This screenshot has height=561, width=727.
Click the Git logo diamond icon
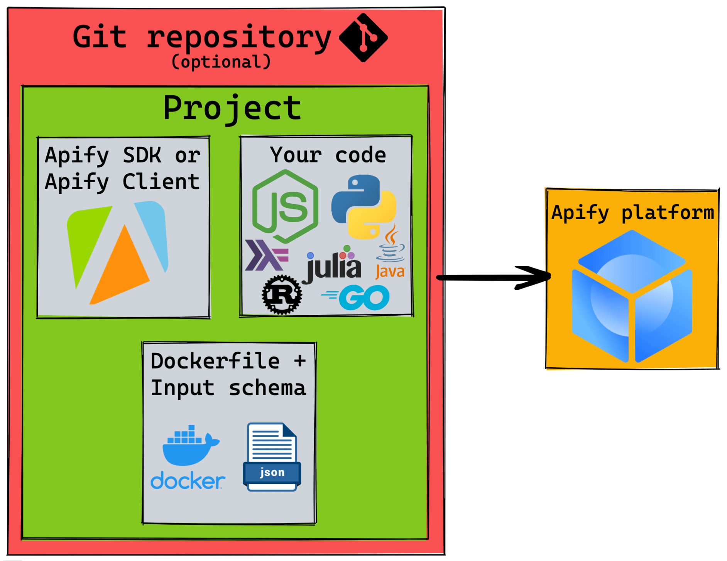click(363, 37)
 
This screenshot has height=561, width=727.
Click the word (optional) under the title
click(221, 62)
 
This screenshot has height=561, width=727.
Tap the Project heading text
click(232, 108)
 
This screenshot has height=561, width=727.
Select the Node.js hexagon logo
click(285, 206)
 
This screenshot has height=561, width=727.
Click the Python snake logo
click(363, 206)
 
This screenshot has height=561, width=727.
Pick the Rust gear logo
click(282, 295)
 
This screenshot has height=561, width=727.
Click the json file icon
click(272, 457)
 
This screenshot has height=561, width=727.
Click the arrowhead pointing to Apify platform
click(536, 277)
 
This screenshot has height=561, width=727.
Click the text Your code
click(328, 155)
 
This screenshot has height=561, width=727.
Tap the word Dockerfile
click(215, 361)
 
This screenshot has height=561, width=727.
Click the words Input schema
click(228, 388)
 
